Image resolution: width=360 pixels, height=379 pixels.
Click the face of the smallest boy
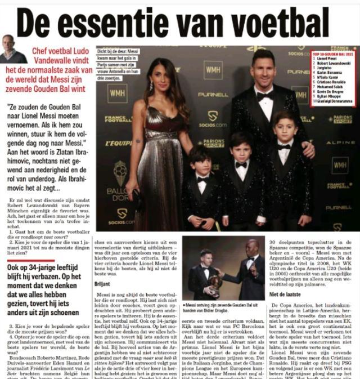tap(201, 159)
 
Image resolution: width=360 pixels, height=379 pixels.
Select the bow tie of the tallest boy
tap(241, 164)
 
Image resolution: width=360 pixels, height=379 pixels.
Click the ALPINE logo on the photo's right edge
tap(340, 143)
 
